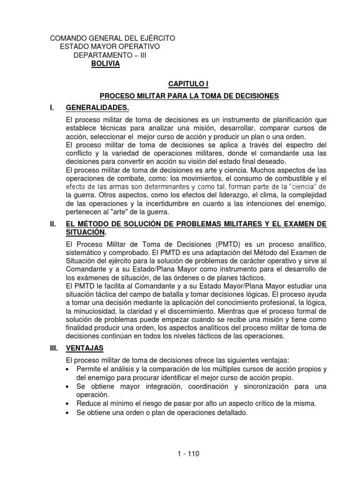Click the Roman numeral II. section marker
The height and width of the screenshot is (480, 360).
point(53,225)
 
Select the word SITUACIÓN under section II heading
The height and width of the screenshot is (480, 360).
point(86,232)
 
